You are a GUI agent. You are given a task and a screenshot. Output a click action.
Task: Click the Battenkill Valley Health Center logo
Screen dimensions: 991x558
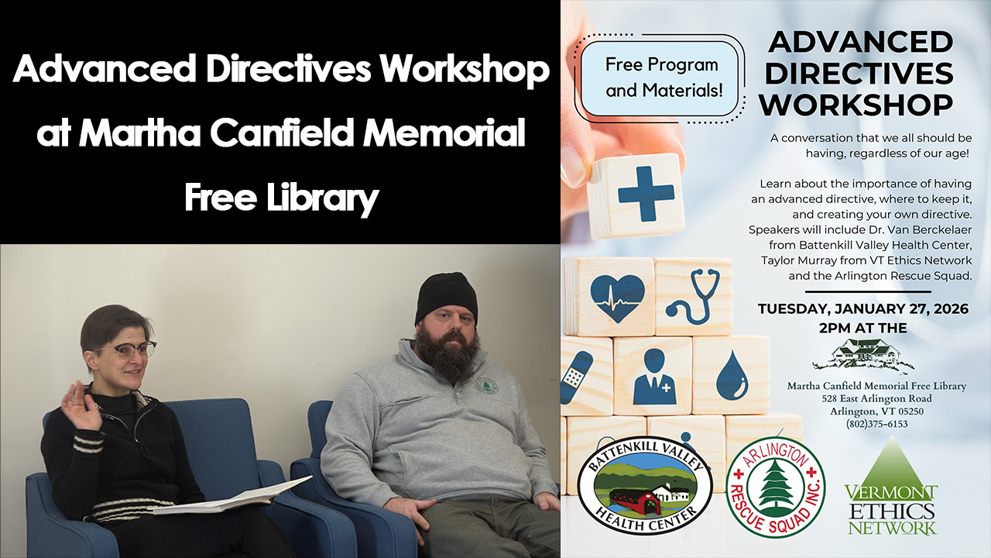(645, 485)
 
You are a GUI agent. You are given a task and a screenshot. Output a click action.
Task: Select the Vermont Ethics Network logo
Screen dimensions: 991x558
(891, 487)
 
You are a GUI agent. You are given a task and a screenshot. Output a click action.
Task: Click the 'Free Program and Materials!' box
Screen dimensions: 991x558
(662, 77)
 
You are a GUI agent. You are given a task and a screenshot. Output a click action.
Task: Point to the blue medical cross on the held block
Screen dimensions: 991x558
(646, 194)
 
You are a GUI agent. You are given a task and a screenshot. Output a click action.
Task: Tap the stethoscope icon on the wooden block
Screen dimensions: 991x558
(694, 296)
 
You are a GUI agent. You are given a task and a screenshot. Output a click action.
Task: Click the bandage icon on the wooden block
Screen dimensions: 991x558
(577, 374)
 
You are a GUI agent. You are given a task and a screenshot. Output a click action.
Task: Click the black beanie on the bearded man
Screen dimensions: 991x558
(445, 298)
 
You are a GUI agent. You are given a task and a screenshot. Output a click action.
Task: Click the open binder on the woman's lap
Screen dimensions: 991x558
(233, 498)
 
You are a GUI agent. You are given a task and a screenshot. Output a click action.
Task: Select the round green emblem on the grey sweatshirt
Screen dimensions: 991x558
(486, 386)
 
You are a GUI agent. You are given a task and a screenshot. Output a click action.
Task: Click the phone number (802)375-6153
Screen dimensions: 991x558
(877, 424)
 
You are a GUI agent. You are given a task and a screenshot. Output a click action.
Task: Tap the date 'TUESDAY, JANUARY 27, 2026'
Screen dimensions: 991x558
(863, 308)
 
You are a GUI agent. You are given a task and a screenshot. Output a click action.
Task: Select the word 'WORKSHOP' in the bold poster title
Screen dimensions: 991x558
(856, 105)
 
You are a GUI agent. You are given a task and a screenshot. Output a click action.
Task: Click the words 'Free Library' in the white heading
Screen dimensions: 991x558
(282, 198)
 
